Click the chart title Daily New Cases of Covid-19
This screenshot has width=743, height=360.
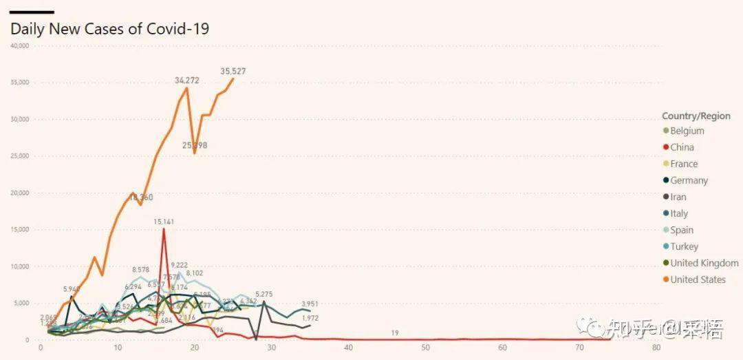(x=109, y=29)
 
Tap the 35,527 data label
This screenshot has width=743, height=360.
(x=233, y=71)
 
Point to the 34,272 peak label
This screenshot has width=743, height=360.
(x=187, y=81)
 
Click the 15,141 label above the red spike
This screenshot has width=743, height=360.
(x=164, y=222)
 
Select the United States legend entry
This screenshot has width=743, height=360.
(x=698, y=279)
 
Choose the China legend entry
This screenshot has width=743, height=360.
(x=682, y=147)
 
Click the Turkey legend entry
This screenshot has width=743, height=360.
(x=684, y=246)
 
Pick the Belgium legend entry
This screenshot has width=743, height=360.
(x=687, y=131)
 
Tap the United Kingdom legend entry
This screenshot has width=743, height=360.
(x=704, y=263)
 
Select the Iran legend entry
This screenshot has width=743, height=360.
(x=678, y=197)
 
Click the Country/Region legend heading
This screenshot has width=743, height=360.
(x=696, y=116)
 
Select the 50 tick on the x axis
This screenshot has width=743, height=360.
(x=349, y=348)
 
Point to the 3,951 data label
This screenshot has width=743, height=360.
(x=310, y=304)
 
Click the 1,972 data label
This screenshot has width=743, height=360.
(x=310, y=318)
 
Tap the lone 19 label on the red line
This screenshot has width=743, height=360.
(x=395, y=333)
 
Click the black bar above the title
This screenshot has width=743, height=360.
(x=32, y=12)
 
